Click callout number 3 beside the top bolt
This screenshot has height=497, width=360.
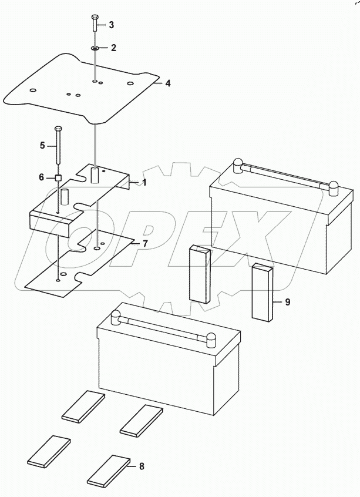(111, 25)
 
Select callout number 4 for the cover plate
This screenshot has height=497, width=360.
(167, 83)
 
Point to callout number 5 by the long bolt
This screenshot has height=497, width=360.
(42, 145)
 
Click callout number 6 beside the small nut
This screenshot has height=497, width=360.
(41, 177)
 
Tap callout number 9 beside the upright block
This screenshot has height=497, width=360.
(287, 303)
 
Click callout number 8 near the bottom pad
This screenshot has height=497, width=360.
(141, 467)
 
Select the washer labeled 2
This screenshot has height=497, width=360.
(95, 48)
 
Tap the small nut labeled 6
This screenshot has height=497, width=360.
(58, 177)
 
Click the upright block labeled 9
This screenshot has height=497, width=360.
(263, 292)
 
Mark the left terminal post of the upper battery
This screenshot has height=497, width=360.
(238, 165)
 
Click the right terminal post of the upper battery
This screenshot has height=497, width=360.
(334, 187)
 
